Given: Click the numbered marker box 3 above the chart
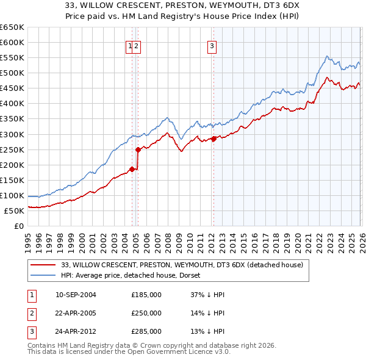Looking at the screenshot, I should click(x=212, y=45).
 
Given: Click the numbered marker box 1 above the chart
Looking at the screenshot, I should click(x=130, y=45).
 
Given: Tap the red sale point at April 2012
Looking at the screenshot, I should click(x=214, y=139).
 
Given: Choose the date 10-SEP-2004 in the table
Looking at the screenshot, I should click(x=76, y=295).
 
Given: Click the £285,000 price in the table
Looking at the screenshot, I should click(x=146, y=331).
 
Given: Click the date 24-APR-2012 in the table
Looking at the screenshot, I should click(x=76, y=331).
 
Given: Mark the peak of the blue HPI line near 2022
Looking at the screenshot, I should click(x=327, y=56).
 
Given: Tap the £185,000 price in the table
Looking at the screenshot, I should click(x=146, y=295).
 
